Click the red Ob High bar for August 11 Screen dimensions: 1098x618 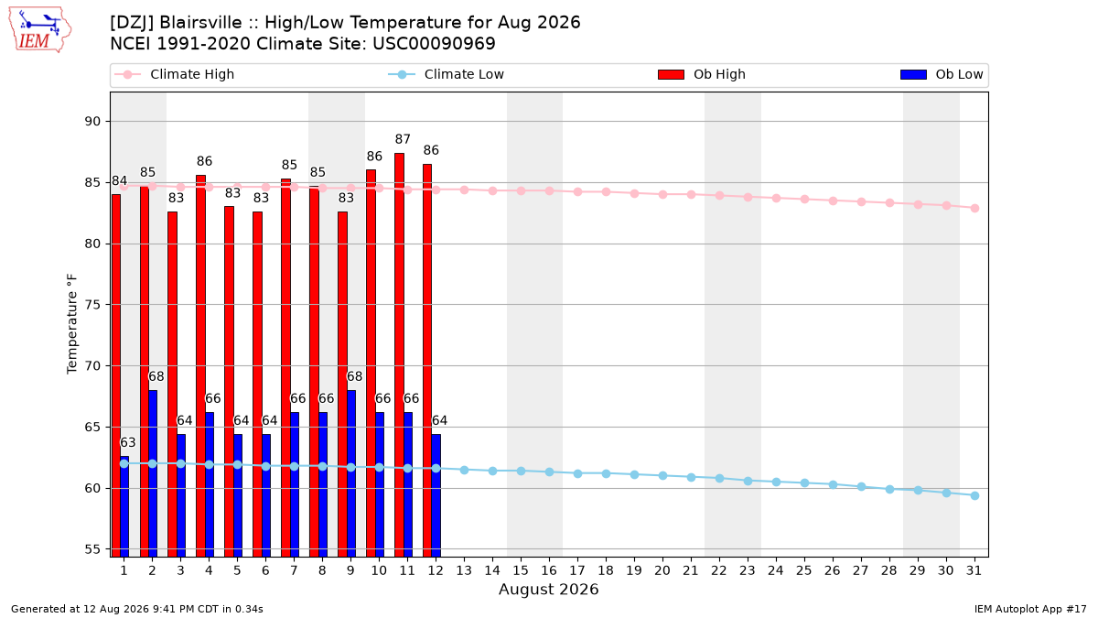click(x=400, y=354)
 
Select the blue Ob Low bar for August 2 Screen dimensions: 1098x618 click(x=153, y=473)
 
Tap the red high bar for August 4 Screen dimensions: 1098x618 click(x=201, y=366)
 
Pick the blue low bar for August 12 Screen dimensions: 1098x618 click(x=436, y=495)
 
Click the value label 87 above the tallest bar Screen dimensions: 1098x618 click(x=403, y=139)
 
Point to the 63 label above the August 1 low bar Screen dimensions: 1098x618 click(x=128, y=442)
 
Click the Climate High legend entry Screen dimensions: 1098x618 click(x=175, y=74)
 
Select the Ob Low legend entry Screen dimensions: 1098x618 click(x=942, y=74)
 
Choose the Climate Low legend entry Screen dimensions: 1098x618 click(x=447, y=74)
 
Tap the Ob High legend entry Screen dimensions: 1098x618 click(x=702, y=74)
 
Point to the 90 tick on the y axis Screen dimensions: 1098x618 click(x=92, y=121)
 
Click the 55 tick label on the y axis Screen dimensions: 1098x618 click(x=92, y=549)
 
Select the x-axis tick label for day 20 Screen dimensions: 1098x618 click(x=662, y=570)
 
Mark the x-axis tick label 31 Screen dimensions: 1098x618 click(x=974, y=570)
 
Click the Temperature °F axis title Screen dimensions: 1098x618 click(x=72, y=324)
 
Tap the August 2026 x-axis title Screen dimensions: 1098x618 click(x=548, y=589)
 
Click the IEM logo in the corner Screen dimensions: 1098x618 click(x=39, y=30)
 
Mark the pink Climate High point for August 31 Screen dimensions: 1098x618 click(x=975, y=208)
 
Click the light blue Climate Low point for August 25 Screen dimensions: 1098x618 click(x=804, y=483)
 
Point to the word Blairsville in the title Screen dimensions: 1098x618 click(x=200, y=23)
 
